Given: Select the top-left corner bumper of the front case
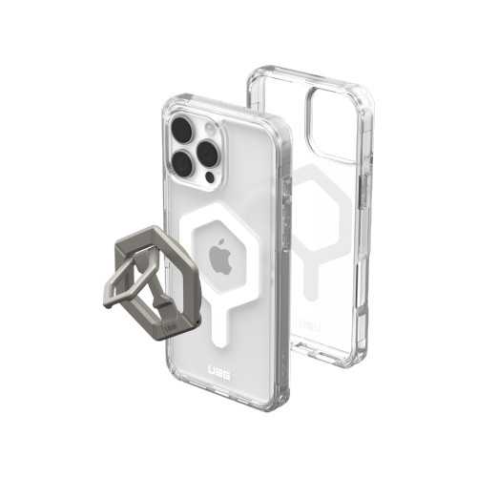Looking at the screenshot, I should click(x=165, y=103).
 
